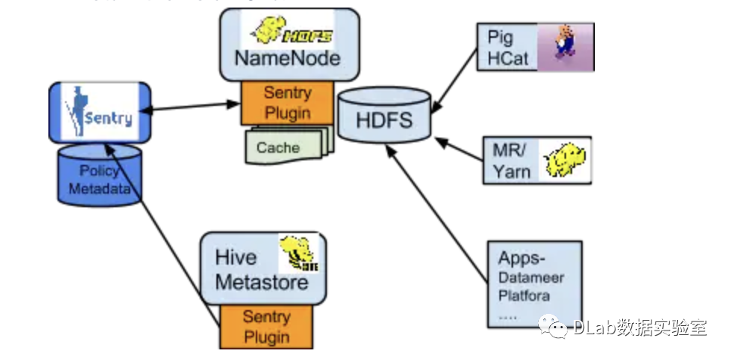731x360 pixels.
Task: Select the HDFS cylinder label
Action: tap(384, 121)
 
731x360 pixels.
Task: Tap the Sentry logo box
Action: tap(100, 113)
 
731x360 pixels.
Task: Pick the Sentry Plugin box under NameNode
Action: tap(287, 103)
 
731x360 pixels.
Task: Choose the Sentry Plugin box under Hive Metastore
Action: tap(265, 326)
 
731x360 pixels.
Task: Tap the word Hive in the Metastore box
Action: tap(236, 257)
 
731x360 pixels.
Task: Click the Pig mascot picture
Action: tap(565, 46)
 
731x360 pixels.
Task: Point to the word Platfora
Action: tap(524, 295)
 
